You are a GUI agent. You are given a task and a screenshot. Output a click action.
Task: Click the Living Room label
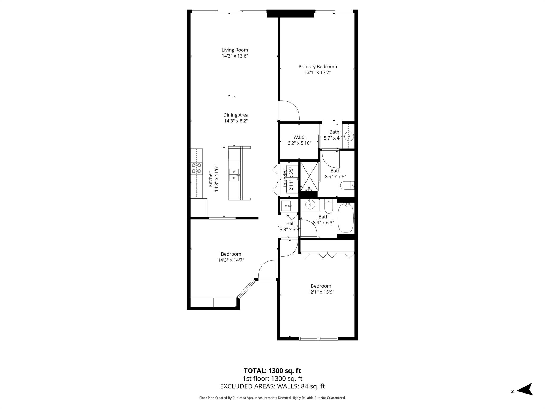click(235, 50)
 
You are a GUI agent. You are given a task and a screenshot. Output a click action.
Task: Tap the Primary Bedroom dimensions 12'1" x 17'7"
click(318, 72)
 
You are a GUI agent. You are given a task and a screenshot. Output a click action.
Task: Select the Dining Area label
click(236, 115)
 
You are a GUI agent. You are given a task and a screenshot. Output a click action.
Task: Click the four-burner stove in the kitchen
click(196, 168)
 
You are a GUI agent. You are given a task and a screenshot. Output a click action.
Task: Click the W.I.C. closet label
click(299, 137)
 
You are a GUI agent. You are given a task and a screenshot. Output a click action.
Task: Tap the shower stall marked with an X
click(309, 176)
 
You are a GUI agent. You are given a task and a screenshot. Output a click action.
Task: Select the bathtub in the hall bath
click(346, 218)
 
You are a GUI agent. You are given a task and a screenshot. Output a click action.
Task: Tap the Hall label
click(290, 223)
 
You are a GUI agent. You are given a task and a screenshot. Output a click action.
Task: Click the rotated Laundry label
click(286, 178)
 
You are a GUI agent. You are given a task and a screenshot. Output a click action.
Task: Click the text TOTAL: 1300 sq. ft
click(272, 371)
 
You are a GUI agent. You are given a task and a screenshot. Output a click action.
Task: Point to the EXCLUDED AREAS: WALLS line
click(272, 386)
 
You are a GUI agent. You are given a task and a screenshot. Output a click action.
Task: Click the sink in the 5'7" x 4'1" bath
click(349, 136)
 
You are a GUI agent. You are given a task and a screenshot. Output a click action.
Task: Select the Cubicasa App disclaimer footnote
click(272, 398)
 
